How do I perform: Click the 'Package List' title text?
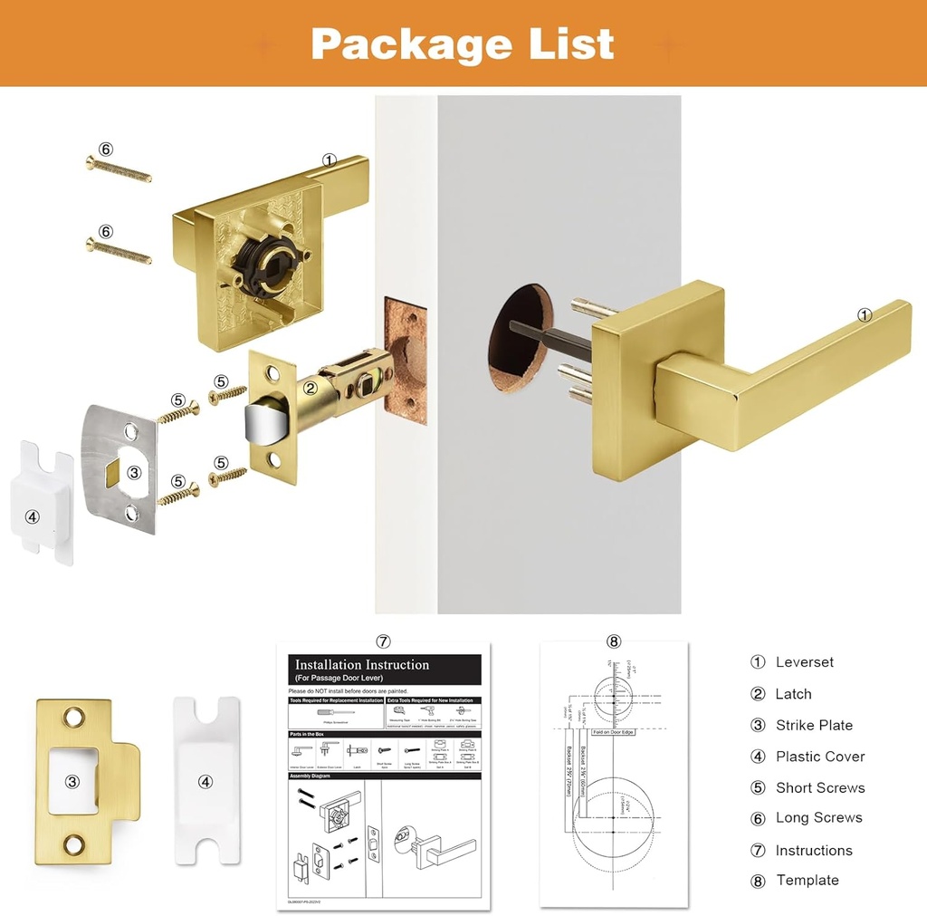pyautogui.click(x=463, y=43)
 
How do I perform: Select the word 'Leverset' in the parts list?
pyautogui.click(x=804, y=662)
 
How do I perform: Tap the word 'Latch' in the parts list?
pyautogui.click(x=793, y=694)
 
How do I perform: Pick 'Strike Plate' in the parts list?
pyautogui.click(x=814, y=725)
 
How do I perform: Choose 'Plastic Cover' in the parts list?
pyautogui.click(x=819, y=757)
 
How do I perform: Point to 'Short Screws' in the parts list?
pyautogui.click(x=819, y=787)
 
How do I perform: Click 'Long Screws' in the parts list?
pyautogui.click(x=818, y=818)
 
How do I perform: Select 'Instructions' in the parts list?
pyautogui.click(x=813, y=850)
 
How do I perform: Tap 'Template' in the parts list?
pyautogui.click(x=807, y=881)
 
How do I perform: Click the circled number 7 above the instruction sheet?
pyautogui.click(x=383, y=641)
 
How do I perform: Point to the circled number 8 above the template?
pyautogui.click(x=614, y=641)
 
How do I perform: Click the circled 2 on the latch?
pyautogui.click(x=310, y=389)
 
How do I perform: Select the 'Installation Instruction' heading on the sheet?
pyautogui.click(x=362, y=665)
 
